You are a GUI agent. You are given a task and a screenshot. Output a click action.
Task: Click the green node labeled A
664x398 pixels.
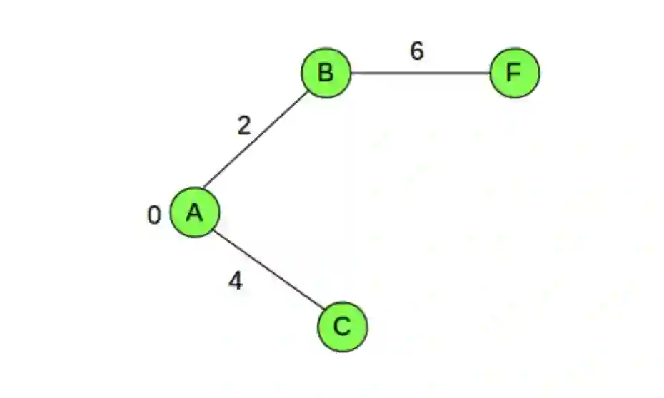point(195,213)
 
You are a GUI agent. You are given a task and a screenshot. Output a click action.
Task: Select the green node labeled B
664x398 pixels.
point(326,73)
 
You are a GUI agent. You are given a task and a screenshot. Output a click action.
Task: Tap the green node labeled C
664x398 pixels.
point(342,326)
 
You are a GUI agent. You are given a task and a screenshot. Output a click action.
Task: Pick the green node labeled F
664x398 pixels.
point(514,73)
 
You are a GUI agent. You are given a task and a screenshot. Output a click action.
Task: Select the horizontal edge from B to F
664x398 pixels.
point(420,73)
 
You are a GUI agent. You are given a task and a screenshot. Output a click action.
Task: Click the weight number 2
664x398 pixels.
point(244,126)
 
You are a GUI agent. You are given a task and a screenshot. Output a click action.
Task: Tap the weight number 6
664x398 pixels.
point(417,51)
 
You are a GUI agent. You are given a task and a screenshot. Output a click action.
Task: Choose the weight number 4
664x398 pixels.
point(236,282)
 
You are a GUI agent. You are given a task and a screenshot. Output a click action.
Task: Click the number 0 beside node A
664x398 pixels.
point(154,215)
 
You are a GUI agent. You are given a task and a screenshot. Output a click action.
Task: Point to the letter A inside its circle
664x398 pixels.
point(195,213)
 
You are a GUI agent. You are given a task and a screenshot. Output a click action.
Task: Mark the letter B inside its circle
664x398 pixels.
point(326,73)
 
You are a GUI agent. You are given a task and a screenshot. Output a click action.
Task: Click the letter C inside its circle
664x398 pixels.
point(342,326)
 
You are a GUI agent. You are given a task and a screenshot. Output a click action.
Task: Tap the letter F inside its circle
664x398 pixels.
point(514,73)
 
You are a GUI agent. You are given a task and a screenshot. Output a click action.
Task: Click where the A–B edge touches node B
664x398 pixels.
point(308,90)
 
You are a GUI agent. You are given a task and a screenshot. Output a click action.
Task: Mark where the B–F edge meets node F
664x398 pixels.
point(490,73)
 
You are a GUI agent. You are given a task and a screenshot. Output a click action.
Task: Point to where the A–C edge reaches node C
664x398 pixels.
point(322,312)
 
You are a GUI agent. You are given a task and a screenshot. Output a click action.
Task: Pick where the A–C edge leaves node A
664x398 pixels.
point(215,230)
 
